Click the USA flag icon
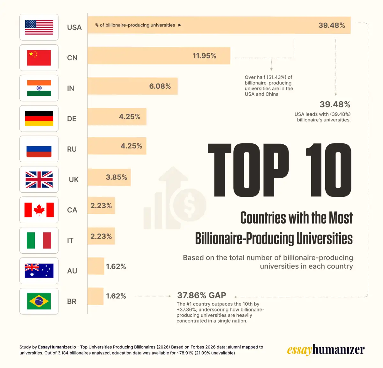tap(39, 27)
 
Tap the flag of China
tap(39, 57)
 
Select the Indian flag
tap(39, 88)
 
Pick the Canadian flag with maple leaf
tap(39, 210)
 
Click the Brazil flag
tap(39, 301)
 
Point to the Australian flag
tap(39, 271)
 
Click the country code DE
tap(72, 119)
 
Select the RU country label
tap(72, 149)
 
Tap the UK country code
tap(74, 180)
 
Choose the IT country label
tap(70, 241)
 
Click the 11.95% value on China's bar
tap(204, 56)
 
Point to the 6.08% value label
tap(160, 86)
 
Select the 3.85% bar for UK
tap(109, 177)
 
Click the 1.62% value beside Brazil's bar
tap(116, 296)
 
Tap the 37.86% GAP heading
tap(202, 295)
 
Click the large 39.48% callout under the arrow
tap(335, 104)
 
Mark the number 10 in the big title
tap(329, 170)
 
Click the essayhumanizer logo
tap(326, 350)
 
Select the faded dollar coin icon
tap(190, 205)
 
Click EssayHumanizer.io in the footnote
tap(57, 347)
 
